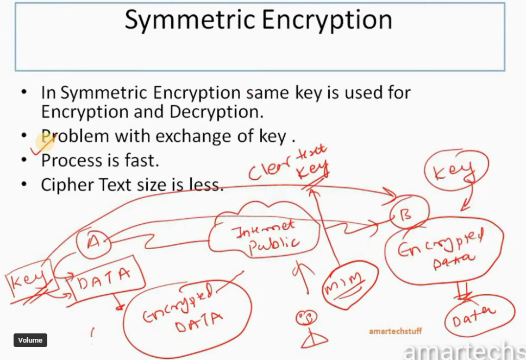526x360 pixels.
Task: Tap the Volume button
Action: pyautogui.click(x=30, y=340)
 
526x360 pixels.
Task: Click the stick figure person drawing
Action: pyautogui.click(x=308, y=329)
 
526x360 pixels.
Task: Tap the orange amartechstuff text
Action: pyautogui.click(x=395, y=331)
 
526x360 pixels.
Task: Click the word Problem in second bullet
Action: pyautogui.click(x=75, y=136)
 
